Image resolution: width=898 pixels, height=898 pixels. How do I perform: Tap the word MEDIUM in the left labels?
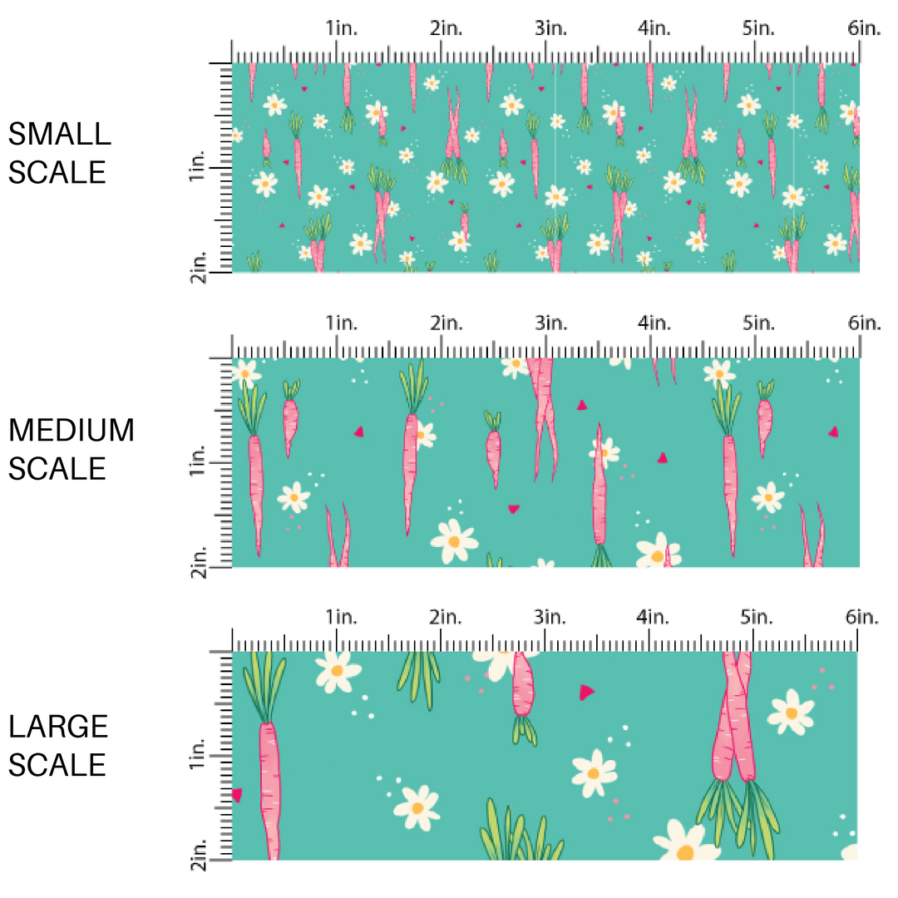pos(72,431)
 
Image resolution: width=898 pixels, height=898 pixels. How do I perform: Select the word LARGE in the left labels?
pos(59,726)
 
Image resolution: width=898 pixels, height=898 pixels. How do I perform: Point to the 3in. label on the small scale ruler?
pos(550,28)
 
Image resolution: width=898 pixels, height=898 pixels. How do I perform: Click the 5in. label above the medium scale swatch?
pos(758,323)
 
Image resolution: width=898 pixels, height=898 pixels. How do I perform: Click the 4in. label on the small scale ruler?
pos(654,28)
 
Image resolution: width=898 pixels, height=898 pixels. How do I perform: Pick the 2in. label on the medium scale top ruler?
pos(447,323)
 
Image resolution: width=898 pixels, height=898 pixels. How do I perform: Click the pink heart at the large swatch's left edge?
pos(237,795)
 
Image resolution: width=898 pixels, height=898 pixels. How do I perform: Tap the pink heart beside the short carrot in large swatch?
pos(587,691)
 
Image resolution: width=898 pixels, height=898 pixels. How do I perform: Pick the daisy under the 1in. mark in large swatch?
pos(336,670)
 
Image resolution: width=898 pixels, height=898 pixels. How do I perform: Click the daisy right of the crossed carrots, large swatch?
pos(791,713)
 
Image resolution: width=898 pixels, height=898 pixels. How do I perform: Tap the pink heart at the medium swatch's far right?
pos(833,431)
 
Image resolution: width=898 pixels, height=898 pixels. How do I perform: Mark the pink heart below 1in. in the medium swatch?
pos(359,431)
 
